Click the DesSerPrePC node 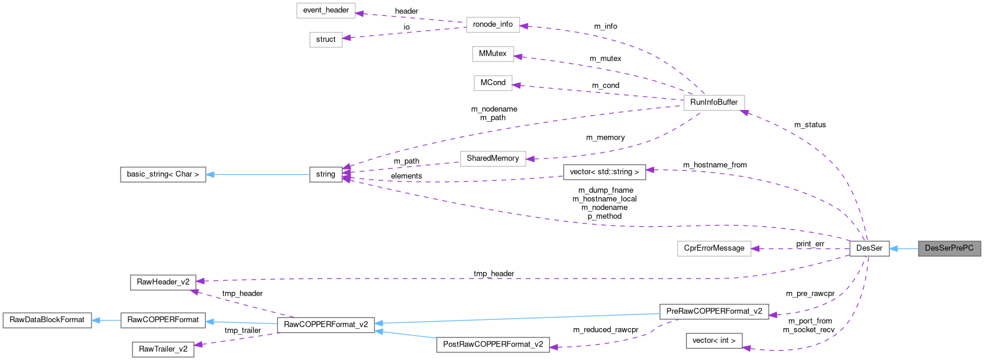pos(949,248)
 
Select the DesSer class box pos(869,248)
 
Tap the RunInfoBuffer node pos(714,102)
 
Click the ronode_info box pos(493,24)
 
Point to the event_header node pos(326,10)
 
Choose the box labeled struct pos(326,40)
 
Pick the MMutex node pos(493,54)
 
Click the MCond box pos(493,83)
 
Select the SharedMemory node pos(493,158)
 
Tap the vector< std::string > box pos(604,172)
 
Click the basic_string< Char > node pos(163,174)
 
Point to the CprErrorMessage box pos(714,248)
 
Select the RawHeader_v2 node pos(163,282)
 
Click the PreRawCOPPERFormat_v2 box pos(714,312)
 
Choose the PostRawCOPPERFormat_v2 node pos(493,345)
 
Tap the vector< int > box pos(714,340)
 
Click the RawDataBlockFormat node pos(47,320)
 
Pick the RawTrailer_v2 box pos(163,349)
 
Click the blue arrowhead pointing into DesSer pos(895,249)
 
